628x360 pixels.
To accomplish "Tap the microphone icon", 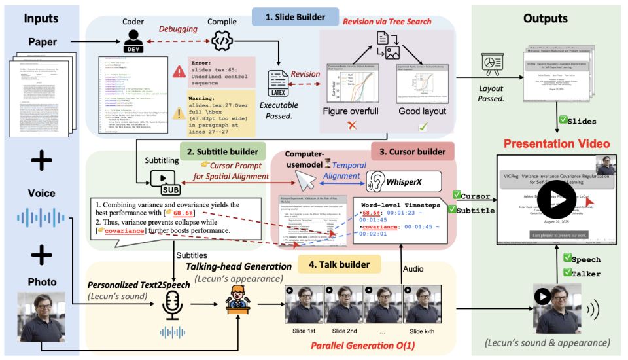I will click(x=172, y=304).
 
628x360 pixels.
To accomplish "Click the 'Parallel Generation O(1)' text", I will click(x=362, y=345).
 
